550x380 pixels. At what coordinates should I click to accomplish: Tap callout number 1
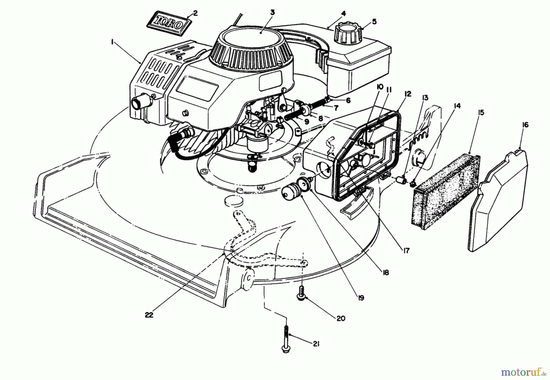(112, 43)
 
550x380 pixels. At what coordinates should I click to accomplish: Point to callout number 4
(343, 13)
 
